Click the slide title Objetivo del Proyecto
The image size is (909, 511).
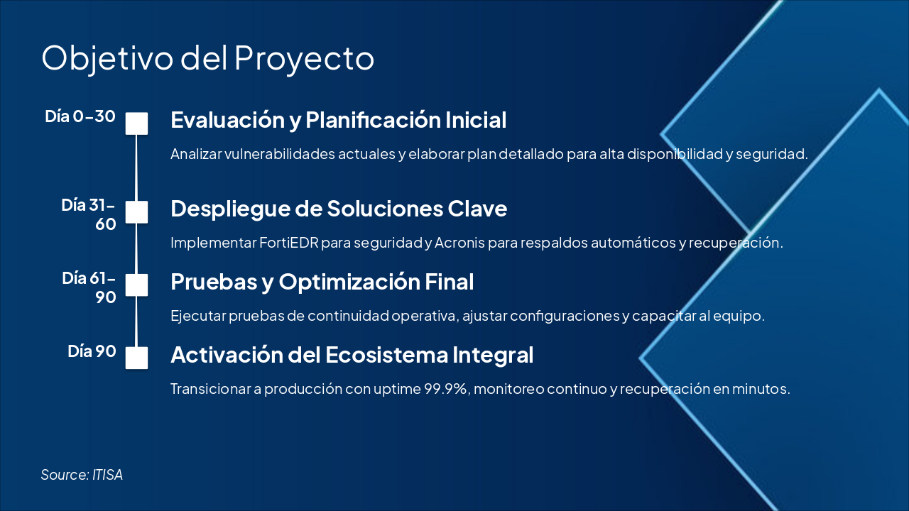pyautogui.click(x=207, y=59)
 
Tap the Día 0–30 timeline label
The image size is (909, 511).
pyautogui.click(x=80, y=116)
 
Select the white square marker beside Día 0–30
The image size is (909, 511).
pyautogui.click(x=136, y=123)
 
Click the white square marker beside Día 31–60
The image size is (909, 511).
pyautogui.click(x=136, y=212)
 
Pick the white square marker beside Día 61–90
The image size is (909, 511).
pyautogui.click(x=136, y=285)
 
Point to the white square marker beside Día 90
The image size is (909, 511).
pyautogui.click(x=136, y=358)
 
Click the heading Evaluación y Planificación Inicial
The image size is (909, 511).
pyautogui.click(x=339, y=121)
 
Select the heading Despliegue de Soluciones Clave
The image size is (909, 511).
pyautogui.click(x=339, y=209)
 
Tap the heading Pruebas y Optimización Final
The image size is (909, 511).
pyautogui.click(x=322, y=282)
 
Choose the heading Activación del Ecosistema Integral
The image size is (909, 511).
pyautogui.click(x=352, y=356)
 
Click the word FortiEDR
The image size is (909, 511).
pyautogui.click(x=289, y=243)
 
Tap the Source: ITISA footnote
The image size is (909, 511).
pyautogui.click(x=82, y=475)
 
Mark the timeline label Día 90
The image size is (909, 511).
pyautogui.click(x=92, y=351)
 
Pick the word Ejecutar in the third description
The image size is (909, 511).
pyautogui.click(x=198, y=316)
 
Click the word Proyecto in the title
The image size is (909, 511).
pyautogui.click(x=305, y=60)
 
